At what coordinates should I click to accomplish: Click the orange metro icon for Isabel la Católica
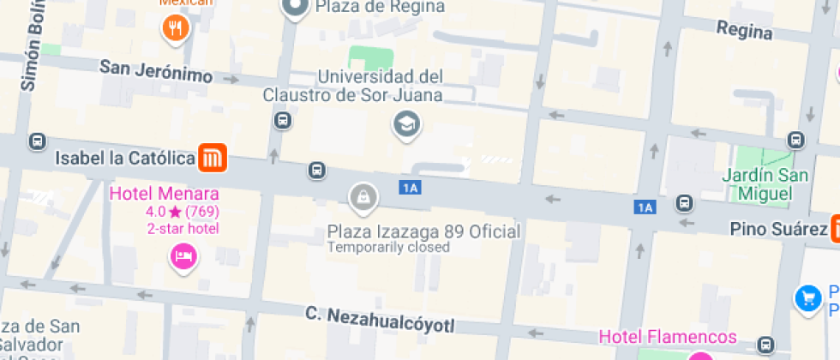pos(212,158)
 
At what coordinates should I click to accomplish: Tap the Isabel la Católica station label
pos(125,159)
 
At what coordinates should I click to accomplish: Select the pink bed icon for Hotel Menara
pos(182,255)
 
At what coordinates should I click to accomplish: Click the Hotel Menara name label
pos(164,194)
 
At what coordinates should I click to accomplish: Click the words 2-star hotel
pos(183,228)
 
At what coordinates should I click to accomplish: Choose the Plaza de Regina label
pos(381,7)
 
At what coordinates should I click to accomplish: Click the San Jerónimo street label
pos(155,71)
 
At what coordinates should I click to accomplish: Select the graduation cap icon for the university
pos(406,125)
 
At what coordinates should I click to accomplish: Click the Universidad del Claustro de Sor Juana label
pos(381,86)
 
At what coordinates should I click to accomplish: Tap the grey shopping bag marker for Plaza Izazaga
pos(363,198)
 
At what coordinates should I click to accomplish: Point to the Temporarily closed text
pos(388,248)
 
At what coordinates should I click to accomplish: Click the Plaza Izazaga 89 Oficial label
pos(424,231)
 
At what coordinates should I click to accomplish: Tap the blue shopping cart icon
pos(807,297)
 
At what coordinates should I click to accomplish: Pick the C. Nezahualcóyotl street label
pos(380,319)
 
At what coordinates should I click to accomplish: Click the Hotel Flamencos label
pos(668,336)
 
